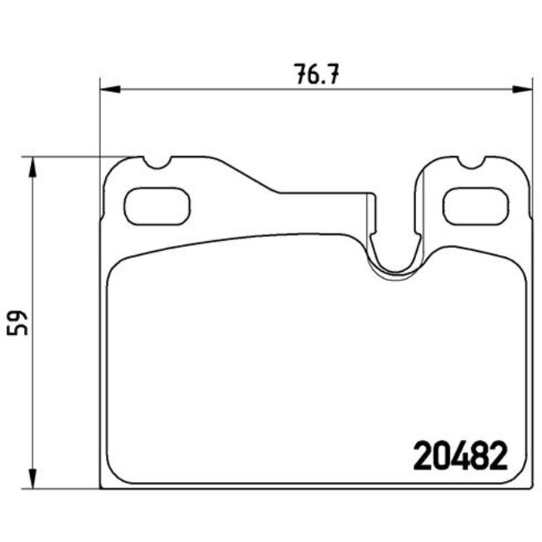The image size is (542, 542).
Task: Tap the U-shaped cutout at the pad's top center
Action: [x=395, y=250]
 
